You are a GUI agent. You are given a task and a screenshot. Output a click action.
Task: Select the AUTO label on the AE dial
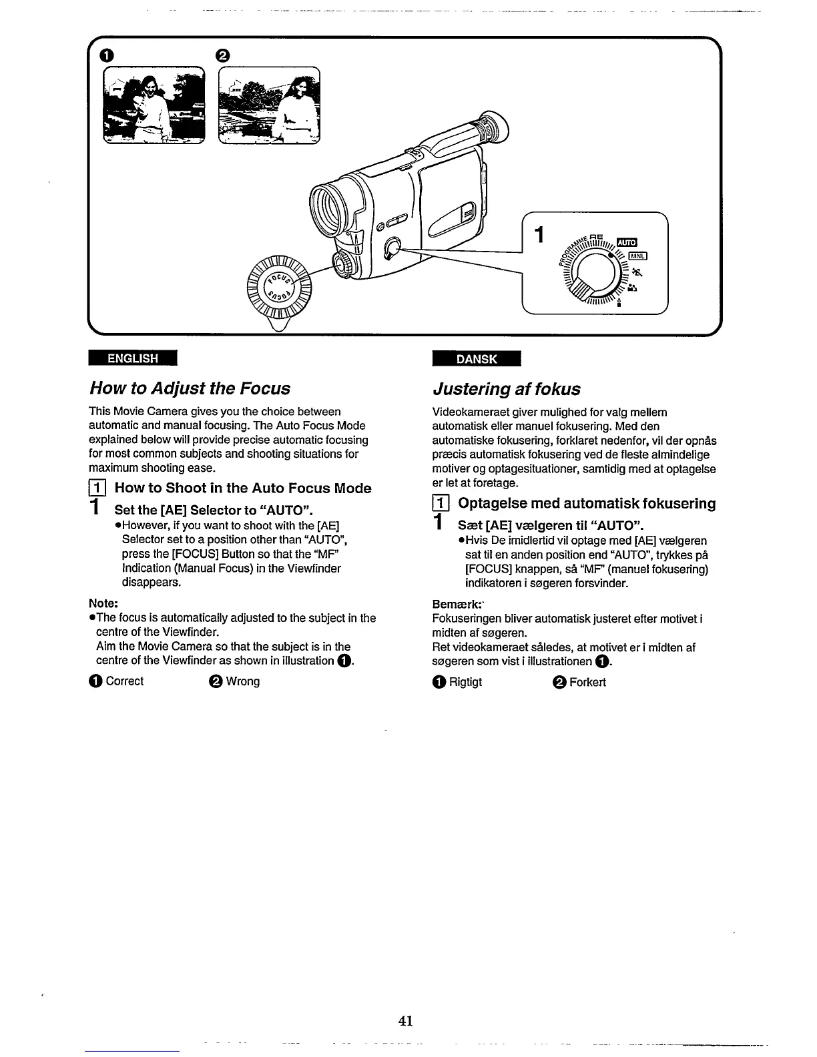tap(627, 242)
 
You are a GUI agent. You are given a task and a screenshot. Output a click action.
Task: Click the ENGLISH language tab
tap(133, 358)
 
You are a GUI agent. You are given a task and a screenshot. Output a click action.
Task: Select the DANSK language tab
tap(476, 359)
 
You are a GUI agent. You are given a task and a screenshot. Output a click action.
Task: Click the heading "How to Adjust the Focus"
tap(190, 388)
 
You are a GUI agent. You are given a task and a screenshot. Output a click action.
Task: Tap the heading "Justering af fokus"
tap(507, 389)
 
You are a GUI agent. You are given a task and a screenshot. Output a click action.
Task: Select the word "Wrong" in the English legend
tap(242, 681)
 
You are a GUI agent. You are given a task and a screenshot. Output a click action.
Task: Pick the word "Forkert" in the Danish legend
tap(587, 682)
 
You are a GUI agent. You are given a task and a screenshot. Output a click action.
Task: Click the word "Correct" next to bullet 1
tap(124, 681)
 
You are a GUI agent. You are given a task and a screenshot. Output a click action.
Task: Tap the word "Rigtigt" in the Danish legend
tap(465, 682)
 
